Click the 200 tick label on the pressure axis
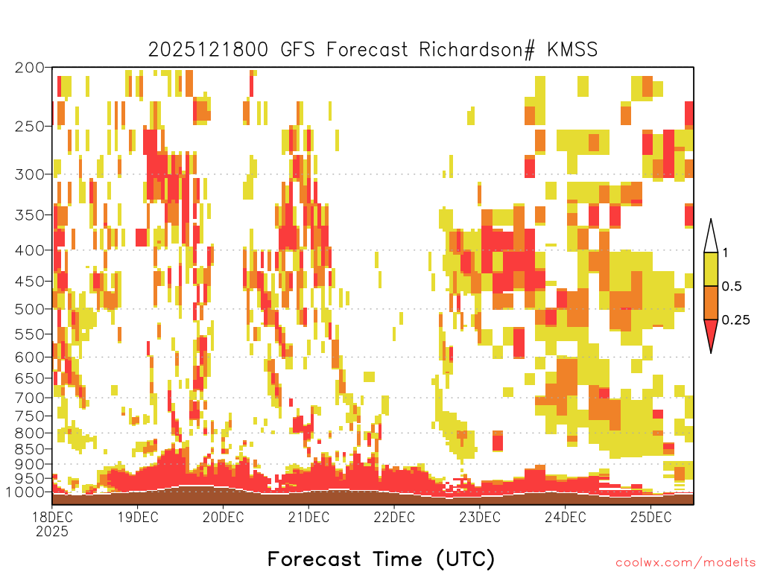coord(29,68)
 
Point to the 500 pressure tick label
coord(29,309)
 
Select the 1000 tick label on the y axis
coord(25,492)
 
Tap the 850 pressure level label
coord(29,449)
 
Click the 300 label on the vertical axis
coord(29,174)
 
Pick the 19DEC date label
coord(138,517)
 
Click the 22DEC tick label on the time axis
coord(394,517)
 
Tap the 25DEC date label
coord(650,517)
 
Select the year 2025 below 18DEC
coord(52,531)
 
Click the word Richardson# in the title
coord(476,50)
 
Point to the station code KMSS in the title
coord(572,50)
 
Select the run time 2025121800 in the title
coord(208,50)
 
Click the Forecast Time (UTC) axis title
coord(381,559)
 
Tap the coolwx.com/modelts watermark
coord(686,563)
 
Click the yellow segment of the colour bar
coord(711,269)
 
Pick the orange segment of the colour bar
coord(711,302)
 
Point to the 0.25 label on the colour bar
coord(735,320)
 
